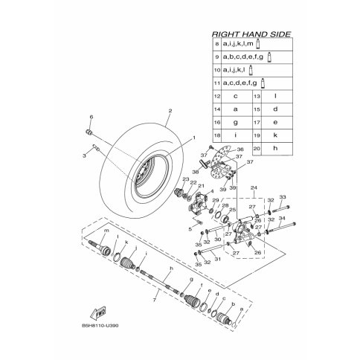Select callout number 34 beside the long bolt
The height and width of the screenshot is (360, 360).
tap(283, 218)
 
